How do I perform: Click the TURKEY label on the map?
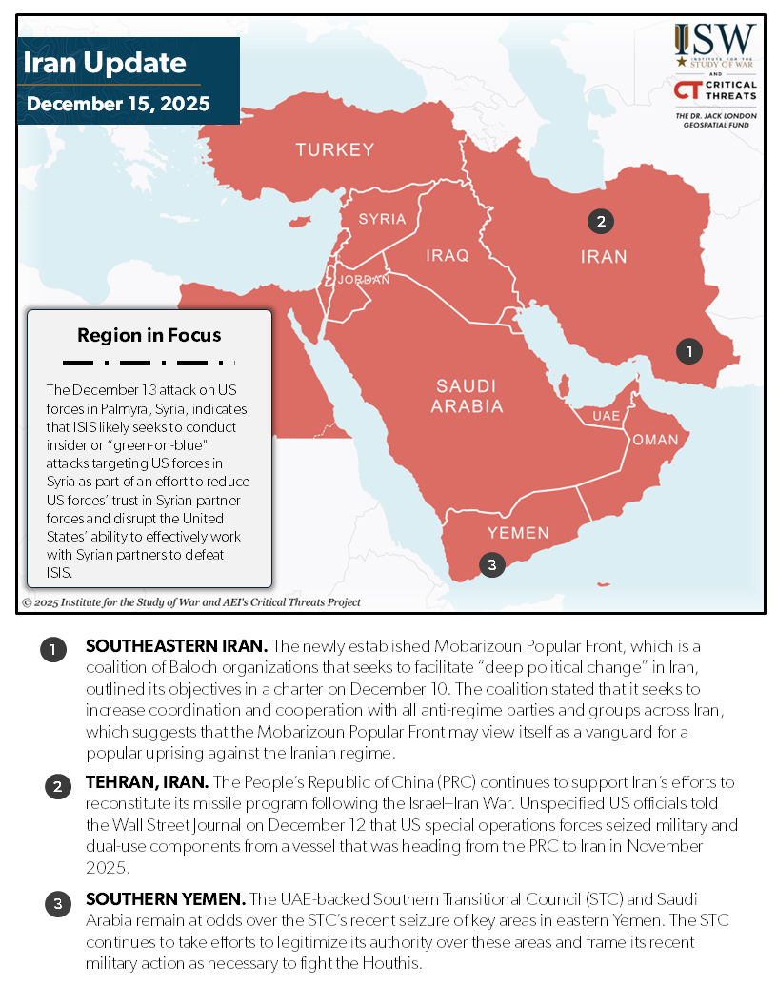point(334,149)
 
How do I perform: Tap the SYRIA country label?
point(382,219)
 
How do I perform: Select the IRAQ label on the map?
point(447,255)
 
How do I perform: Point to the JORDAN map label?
point(363,279)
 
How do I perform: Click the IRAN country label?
point(604,256)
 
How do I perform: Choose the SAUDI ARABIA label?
point(467,396)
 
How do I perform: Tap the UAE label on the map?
point(606,416)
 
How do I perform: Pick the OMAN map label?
point(655,440)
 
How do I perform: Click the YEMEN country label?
point(518,533)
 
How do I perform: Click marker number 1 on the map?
point(688,351)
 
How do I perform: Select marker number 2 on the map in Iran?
point(600,222)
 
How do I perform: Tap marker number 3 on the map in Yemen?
point(491,565)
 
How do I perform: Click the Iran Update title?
point(104,64)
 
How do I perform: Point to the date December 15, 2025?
point(118,103)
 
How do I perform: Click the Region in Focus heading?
point(149,335)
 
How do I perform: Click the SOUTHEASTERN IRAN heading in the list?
point(161,646)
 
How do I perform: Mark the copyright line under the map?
point(190,602)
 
